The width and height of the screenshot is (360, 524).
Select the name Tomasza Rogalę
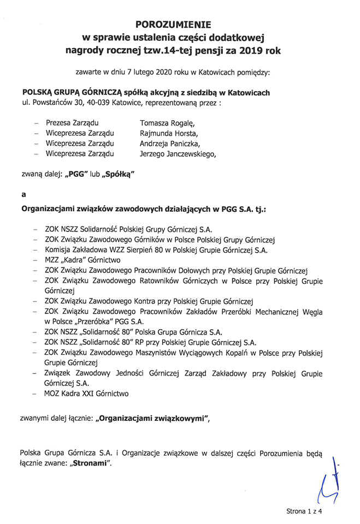click(167, 123)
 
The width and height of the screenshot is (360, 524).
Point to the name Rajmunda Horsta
click(169, 133)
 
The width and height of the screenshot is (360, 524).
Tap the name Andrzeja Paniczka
click(170, 144)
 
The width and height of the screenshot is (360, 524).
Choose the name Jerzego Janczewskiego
click(178, 154)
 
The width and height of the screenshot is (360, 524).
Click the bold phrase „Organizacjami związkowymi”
click(151, 419)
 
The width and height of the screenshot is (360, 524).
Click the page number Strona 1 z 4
click(305, 511)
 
